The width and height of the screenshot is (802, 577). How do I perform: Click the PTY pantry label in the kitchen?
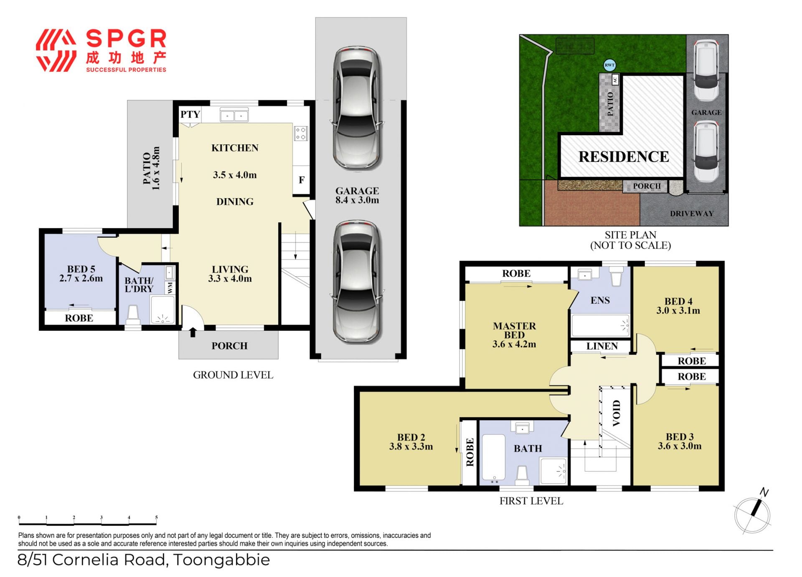pos(190,114)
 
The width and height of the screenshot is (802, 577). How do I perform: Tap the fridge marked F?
pos(301,180)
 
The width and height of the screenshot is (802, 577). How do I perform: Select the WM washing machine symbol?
pos(170,288)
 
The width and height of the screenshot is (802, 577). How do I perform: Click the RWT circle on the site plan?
pos(610,65)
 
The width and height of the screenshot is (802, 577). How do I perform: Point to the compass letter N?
pos(764,492)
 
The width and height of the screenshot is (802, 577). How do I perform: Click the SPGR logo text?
pos(126,39)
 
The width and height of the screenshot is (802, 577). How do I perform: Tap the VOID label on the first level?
pos(616,413)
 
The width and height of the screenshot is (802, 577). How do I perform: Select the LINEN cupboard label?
pos(601,346)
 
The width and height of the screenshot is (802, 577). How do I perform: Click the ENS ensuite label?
pos(600,300)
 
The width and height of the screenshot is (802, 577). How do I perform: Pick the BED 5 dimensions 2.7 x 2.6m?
pos(81,278)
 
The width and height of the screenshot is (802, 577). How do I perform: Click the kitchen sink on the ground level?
pos(234,115)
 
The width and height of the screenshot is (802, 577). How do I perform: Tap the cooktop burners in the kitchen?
pos(301,134)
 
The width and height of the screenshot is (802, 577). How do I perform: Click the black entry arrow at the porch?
pos(193,332)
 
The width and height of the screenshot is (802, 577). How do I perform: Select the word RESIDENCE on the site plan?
pos(624,157)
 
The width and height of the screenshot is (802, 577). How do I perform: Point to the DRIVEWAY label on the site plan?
pos(692,214)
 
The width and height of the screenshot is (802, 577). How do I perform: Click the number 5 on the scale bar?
pos(157,517)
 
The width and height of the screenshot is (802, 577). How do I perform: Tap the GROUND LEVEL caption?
pos(233,375)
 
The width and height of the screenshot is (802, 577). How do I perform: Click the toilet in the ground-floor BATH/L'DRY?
pos(133,315)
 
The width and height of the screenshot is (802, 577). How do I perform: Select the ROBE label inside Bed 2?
pos(470,452)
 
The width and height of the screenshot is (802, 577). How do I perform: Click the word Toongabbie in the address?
pos(221,560)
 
